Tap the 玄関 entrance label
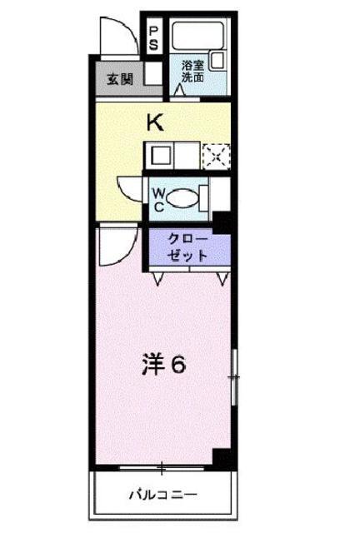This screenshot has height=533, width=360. pyautogui.click(x=120, y=79)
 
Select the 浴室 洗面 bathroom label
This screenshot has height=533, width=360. pyautogui.click(x=192, y=72)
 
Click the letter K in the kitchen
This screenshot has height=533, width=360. pyautogui.click(x=155, y=122)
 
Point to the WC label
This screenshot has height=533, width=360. pyautogui.click(x=158, y=200)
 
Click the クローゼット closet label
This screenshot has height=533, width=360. pyautogui.click(x=188, y=247)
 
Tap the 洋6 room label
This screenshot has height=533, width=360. pyautogui.click(x=164, y=365)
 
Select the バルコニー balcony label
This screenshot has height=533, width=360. pyautogui.click(x=163, y=494)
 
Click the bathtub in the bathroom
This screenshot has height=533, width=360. pyautogui.click(x=198, y=35)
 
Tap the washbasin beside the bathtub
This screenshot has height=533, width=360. pyautogui.click(x=217, y=61)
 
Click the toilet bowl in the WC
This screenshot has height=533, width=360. pyautogui.click(x=182, y=198)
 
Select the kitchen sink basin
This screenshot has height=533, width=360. pyautogui.click(x=159, y=156)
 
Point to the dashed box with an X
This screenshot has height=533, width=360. pyautogui.click(x=217, y=157)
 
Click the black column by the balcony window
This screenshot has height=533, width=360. pyautogui.click(x=224, y=459)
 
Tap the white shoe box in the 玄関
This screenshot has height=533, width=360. pyautogui.click(x=153, y=73)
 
